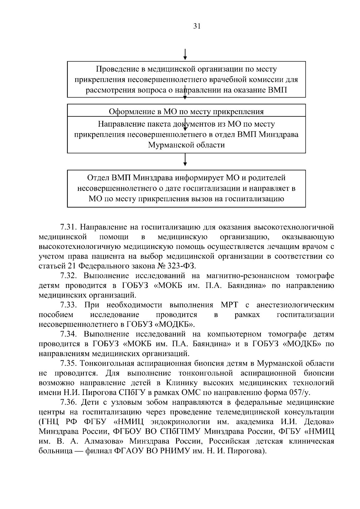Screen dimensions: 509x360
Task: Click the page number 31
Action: pyautogui.click(x=197, y=26)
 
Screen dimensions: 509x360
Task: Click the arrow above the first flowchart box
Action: pyautogui.click(x=185, y=54)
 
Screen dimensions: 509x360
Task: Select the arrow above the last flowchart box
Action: pyautogui.click(x=185, y=160)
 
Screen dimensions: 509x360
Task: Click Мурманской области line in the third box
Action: pyautogui.click(x=186, y=145)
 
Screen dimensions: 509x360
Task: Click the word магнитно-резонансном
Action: pyautogui.click(x=248, y=276)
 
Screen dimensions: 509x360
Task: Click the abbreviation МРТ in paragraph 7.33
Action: pyautogui.click(x=229, y=305)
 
